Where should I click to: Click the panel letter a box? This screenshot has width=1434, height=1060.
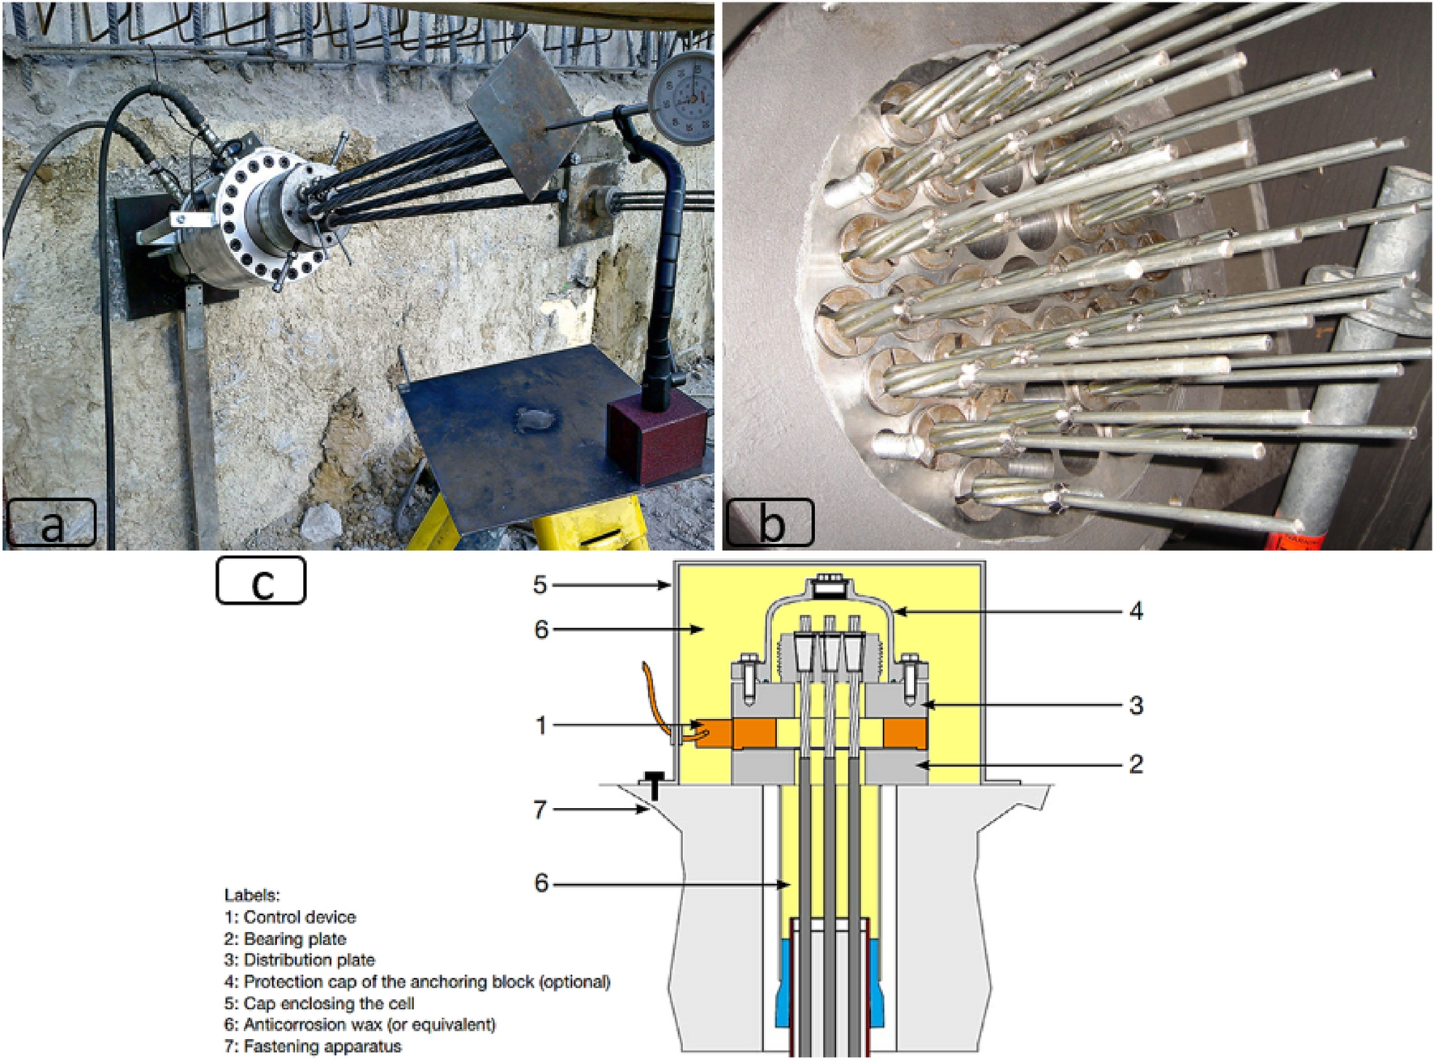pos(51,524)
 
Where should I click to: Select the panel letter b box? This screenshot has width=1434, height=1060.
pos(769,523)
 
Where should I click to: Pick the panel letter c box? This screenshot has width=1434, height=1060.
pos(261,580)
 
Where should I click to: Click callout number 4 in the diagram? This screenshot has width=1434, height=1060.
pos(1136,611)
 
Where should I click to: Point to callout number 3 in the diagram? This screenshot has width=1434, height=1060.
pos(1136,706)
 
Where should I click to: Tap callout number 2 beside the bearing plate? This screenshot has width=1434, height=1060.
pos(1136,763)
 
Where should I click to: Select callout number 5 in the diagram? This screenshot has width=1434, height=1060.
pos(540,584)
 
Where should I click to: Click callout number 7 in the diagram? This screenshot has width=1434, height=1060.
pos(540,809)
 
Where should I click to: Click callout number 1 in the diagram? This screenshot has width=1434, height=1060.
pos(541,725)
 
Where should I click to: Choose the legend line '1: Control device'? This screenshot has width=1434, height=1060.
pos(290,917)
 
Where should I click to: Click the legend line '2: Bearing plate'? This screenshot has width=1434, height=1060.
pos(285,939)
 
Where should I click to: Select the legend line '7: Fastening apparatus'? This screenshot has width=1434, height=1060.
pos(313,1046)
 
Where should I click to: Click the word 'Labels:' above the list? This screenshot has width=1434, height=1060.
pos(252,895)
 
